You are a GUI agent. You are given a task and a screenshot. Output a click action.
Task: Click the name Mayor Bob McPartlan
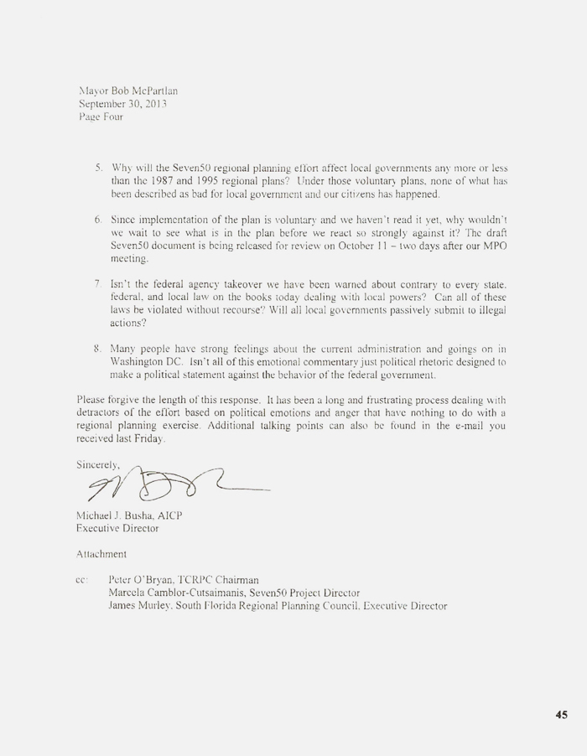click(x=127, y=90)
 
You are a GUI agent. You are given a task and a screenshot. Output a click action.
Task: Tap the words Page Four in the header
click(x=100, y=117)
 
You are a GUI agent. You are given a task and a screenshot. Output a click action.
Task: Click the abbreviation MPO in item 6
click(x=492, y=247)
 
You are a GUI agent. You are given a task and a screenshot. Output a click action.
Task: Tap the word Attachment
click(x=102, y=554)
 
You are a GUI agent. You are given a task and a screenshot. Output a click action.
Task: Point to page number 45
click(x=561, y=715)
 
